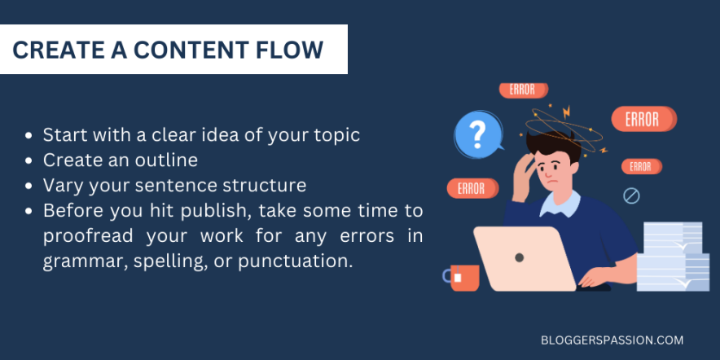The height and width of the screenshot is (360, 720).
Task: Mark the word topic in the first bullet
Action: [x=336, y=134]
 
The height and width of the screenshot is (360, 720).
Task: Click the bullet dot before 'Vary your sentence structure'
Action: [x=30, y=186]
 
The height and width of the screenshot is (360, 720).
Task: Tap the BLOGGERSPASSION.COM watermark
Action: [x=612, y=340]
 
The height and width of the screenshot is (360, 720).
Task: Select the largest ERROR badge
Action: [x=643, y=120]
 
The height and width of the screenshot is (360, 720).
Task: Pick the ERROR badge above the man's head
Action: [x=523, y=90]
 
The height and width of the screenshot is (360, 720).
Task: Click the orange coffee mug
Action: [x=463, y=278]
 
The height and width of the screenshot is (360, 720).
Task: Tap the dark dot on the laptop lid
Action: [x=519, y=257]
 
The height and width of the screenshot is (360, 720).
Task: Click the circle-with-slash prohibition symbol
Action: [x=631, y=195]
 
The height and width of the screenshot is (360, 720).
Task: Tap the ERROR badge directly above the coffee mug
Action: [x=471, y=189]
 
